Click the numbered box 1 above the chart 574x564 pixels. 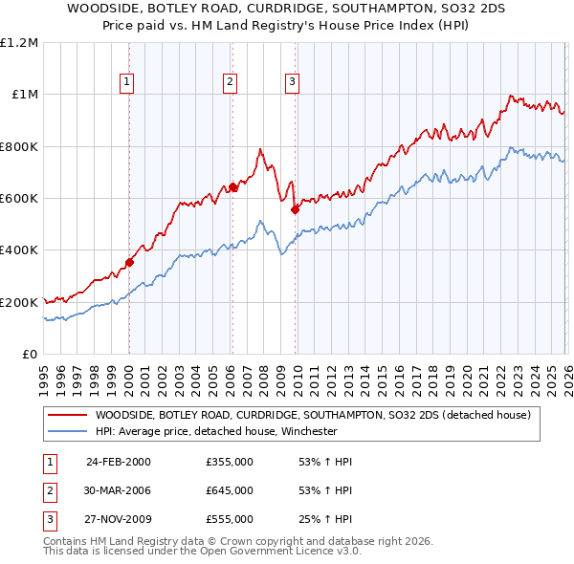(128, 83)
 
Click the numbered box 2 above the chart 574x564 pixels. (231, 83)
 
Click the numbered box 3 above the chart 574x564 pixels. (292, 83)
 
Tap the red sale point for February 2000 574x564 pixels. (129, 262)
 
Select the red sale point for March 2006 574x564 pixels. (232, 187)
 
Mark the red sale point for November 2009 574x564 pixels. (295, 210)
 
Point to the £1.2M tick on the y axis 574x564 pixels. (19, 43)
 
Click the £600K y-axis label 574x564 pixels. (19, 199)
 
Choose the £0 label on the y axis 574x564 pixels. (29, 354)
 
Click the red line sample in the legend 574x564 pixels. (66, 416)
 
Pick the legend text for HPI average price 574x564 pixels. (216, 431)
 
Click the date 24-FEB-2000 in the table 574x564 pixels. (119, 462)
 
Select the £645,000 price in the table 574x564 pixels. (230, 489)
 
